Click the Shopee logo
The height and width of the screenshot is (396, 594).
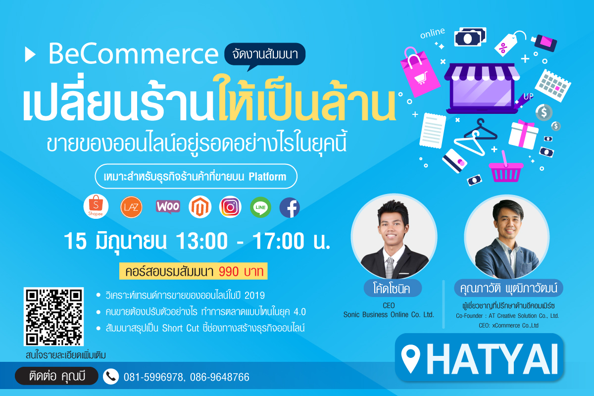(x=96, y=206)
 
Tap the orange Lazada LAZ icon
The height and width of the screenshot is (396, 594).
(x=131, y=207)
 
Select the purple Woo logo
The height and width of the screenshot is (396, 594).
(x=168, y=206)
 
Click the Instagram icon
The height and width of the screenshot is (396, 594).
(x=230, y=207)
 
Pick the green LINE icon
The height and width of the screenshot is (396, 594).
(x=261, y=207)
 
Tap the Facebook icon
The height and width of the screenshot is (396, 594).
(x=290, y=207)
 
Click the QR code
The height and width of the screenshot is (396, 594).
(x=53, y=316)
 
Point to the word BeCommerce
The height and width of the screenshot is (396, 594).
(x=133, y=54)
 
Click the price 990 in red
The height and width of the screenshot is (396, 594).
(x=229, y=271)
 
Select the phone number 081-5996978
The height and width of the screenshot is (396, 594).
(x=153, y=377)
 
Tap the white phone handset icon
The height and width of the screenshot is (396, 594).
(x=111, y=376)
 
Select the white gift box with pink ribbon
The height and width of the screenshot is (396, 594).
(x=523, y=135)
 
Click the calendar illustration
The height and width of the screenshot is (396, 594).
(x=553, y=86)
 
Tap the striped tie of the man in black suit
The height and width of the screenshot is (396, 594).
(x=390, y=267)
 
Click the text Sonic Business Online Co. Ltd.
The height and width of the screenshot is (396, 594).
(x=389, y=314)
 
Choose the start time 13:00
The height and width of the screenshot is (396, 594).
(x=202, y=241)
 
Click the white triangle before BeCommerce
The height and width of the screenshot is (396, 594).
(x=30, y=54)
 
